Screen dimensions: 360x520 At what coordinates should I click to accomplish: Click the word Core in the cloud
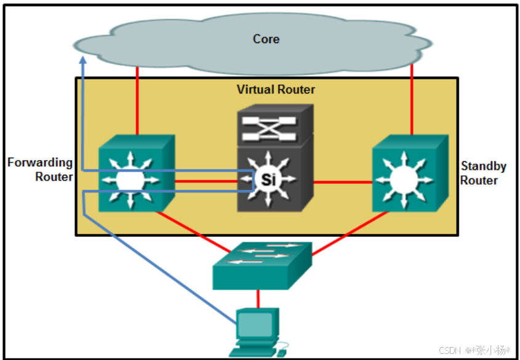pos(266,39)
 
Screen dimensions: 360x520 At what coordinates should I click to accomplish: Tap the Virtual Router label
pos(276,90)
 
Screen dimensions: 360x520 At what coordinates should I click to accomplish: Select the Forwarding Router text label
pos(40,170)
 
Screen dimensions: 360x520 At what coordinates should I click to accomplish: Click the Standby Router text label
pos(483,174)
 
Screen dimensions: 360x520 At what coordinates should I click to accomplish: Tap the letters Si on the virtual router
pos(268,180)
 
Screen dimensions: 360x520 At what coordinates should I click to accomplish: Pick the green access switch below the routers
pos(262,265)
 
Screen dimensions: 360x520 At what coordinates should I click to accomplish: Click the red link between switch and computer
pos(258,298)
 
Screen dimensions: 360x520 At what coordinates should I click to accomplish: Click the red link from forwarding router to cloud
pos(137,102)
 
